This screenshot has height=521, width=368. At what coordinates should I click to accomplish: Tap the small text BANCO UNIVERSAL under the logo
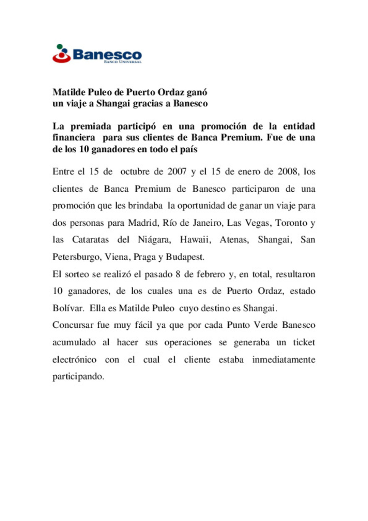(x=123, y=62)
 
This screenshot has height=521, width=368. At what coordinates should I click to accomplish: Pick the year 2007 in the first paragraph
(x=177, y=171)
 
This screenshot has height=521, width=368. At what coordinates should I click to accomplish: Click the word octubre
(x=135, y=171)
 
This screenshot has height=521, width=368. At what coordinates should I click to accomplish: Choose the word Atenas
(x=234, y=240)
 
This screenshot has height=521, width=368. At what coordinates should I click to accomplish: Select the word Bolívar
(x=68, y=308)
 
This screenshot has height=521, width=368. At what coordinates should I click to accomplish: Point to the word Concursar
(x=73, y=325)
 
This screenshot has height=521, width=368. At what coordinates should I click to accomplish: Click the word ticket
(x=304, y=342)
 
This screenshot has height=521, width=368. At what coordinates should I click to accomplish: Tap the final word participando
(x=78, y=376)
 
